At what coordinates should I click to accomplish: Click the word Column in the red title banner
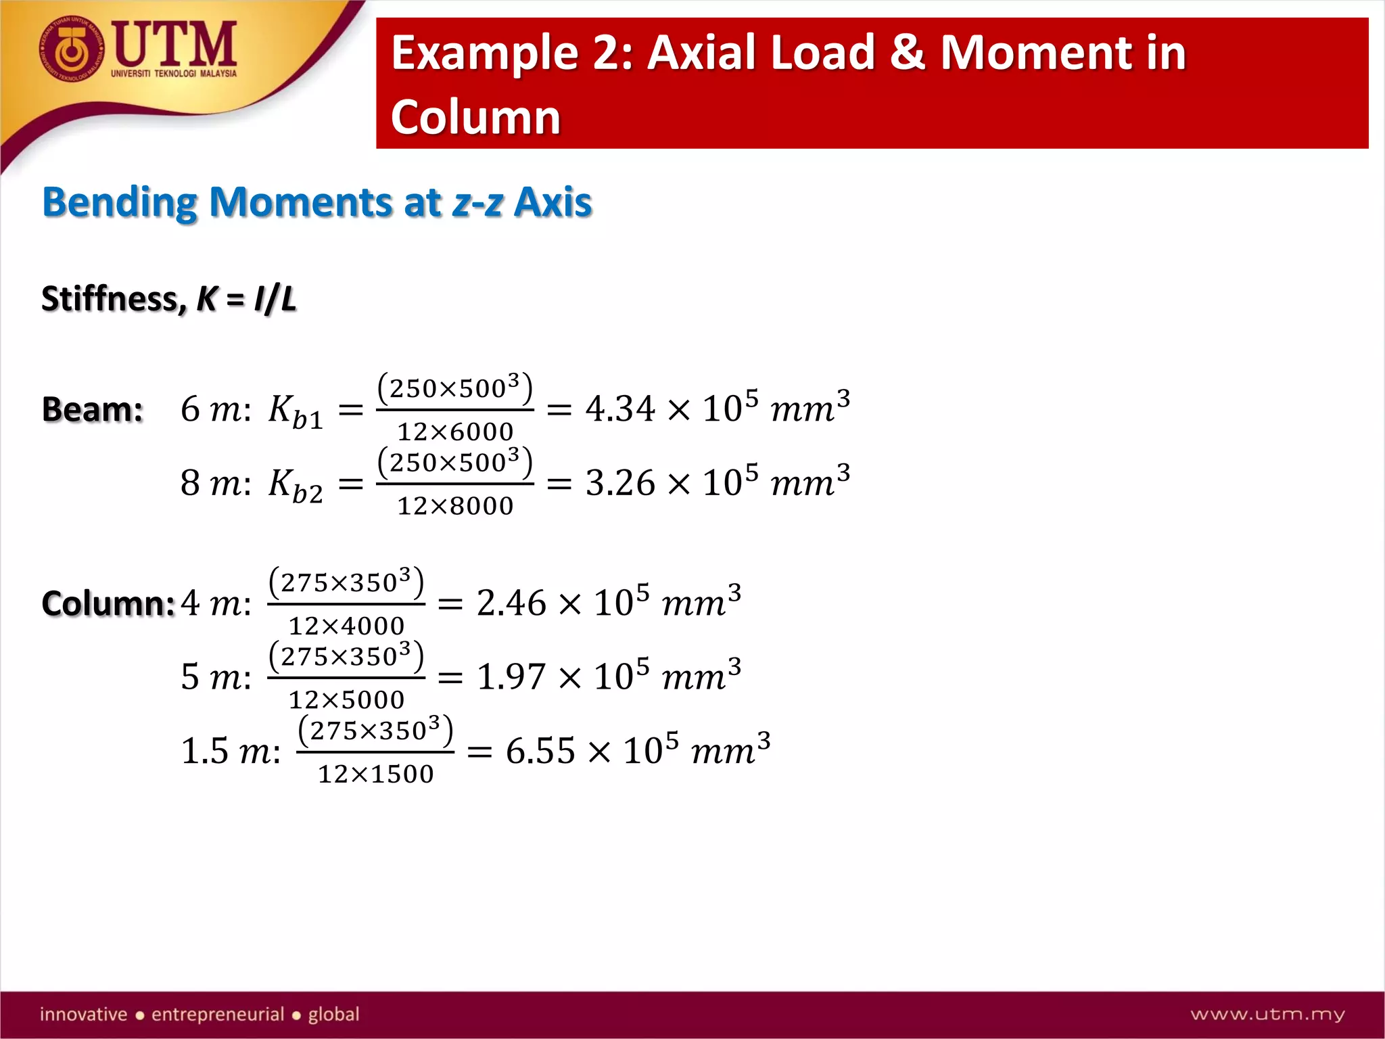click(475, 117)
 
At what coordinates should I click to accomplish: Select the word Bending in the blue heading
click(120, 202)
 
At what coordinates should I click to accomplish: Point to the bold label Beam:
click(93, 409)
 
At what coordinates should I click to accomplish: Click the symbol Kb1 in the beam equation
click(295, 411)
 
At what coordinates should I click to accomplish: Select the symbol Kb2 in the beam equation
click(295, 484)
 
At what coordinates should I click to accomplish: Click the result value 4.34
click(620, 409)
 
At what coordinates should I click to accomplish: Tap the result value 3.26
click(620, 483)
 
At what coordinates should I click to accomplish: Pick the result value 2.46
click(511, 603)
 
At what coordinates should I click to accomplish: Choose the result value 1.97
click(511, 676)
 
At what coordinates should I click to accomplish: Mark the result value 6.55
click(540, 751)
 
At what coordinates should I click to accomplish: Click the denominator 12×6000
click(455, 432)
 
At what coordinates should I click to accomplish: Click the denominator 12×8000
click(455, 506)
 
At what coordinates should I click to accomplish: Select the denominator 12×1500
click(376, 774)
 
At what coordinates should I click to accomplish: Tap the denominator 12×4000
click(346, 626)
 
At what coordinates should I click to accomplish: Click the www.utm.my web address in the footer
click(1267, 1014)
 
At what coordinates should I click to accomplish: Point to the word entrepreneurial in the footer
click(217, 1014)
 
